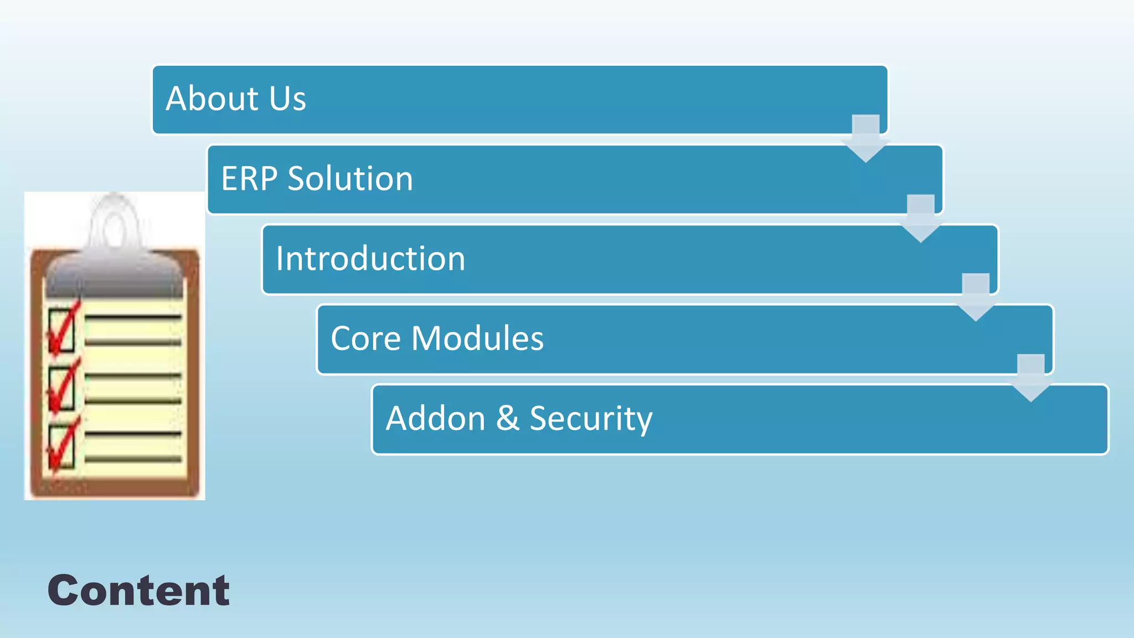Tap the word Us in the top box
pyautogui.click(x=287, y=99)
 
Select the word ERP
pyautogui.click(x=249, y=179)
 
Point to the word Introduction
pyautogui.click(x=370, y=259)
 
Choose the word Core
pyautogui.click(x=365, y=338)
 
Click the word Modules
pyautogui.click(x=477, y=338)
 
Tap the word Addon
pyautogui.click(x=436, y=418)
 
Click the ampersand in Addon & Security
pyautogui.click(x=508, y=418)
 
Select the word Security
pyautogui.click(x=591, y=418)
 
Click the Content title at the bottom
pyautogui.click(x=138, y=590)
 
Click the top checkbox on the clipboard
pyautogui.click(x=61, y=331)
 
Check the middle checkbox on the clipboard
pyautogui.click(x=61, y=389)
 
